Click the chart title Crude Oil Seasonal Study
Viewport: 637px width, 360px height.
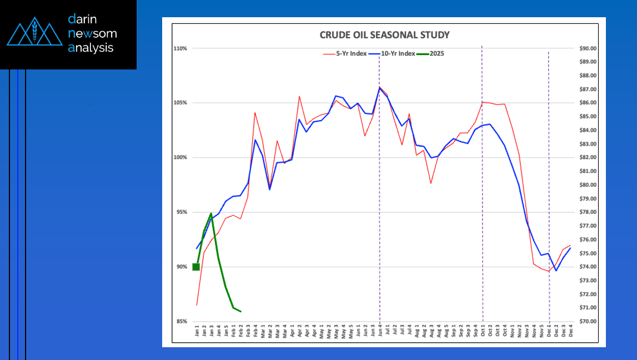tap(384, 35)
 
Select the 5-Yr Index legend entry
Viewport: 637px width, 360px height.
tap(345, 54)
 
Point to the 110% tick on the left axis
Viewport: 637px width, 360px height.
tap(179, 49)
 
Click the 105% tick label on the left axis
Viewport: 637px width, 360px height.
tap(179, 103)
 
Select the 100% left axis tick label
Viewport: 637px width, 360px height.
tap(179, 158)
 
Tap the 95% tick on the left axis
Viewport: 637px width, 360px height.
tap(180, 212)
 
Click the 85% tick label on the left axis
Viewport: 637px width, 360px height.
tap(180, 322)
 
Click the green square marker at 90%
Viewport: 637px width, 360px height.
tap(196, 267)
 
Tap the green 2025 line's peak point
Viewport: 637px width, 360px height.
tap(211, 213)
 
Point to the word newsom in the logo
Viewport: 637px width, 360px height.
tap(92, 33)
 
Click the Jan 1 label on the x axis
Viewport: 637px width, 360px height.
tap(197, 332)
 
